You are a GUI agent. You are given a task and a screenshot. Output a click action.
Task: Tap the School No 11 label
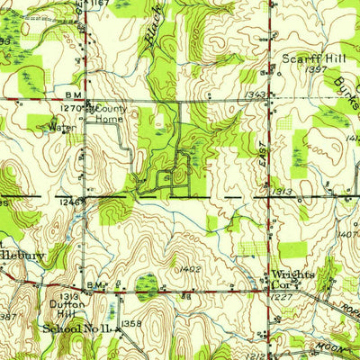coord(76,329)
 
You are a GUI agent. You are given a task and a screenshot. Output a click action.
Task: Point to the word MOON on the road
coord(329,347)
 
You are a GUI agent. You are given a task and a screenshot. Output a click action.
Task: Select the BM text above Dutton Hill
coord(95,284)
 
